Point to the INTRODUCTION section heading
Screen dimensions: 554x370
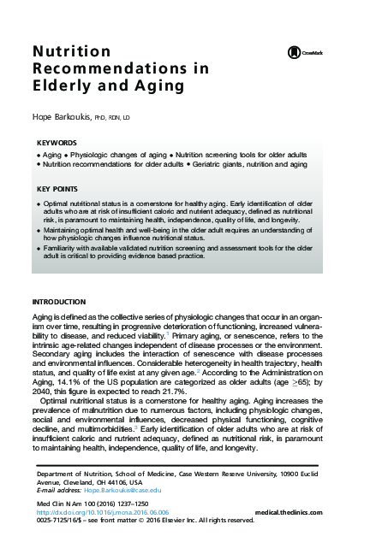coord(58,303)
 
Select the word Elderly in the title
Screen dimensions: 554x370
coord(60,85)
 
